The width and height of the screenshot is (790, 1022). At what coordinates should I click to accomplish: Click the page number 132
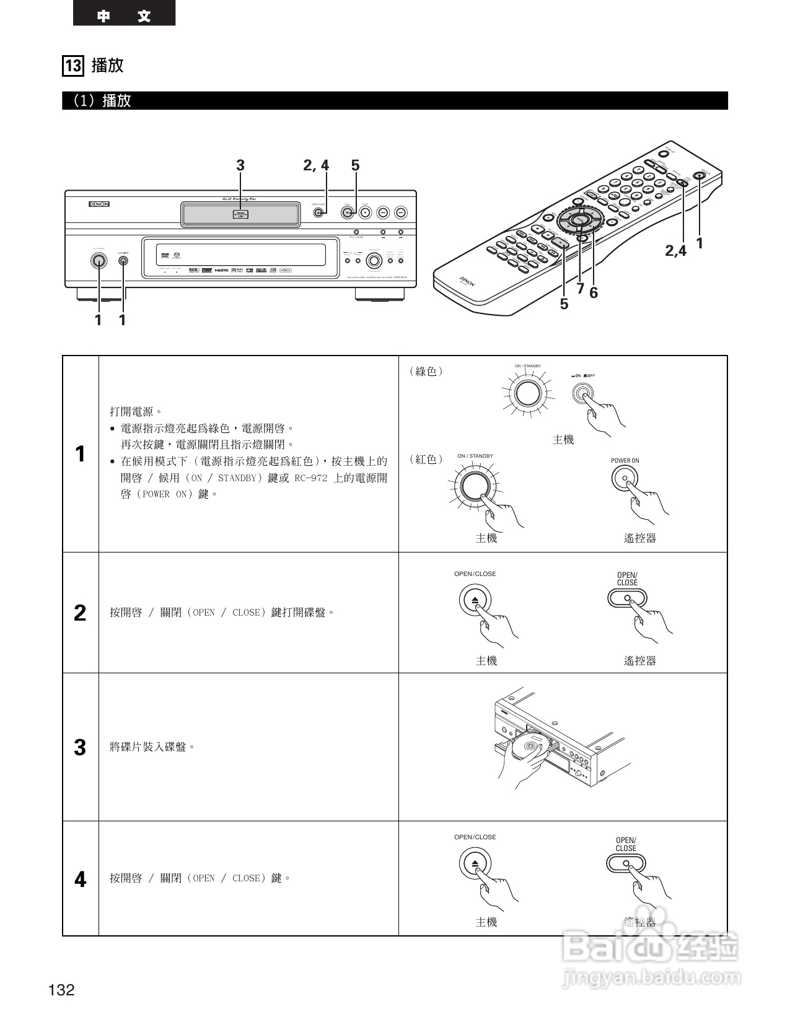[x=61, y=990]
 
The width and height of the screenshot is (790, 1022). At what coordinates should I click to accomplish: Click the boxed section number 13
[x=73, y=66]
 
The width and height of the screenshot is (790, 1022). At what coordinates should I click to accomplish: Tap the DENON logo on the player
[x=99, y=204]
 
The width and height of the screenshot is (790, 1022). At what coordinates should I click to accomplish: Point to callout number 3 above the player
[x=240, y=165]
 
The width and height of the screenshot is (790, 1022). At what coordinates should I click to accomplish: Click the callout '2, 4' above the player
[x=316, y=165]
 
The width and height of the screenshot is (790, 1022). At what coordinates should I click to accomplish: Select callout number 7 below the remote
[x=580, y=288]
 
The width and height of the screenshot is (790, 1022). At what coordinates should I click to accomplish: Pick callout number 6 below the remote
[x=594, y=293]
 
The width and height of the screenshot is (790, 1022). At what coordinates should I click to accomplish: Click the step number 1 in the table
[x=80, y=454]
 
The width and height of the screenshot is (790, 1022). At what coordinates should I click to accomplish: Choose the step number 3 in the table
[x=80, y=748]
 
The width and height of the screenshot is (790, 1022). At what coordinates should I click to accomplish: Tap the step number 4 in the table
[x=80, y=879]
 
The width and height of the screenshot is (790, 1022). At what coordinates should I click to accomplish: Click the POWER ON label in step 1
[x=625, y=460]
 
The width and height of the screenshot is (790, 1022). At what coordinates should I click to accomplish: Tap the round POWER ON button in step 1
[x=625, y=478]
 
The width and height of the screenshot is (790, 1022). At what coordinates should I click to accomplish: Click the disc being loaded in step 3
[x=528, y=745]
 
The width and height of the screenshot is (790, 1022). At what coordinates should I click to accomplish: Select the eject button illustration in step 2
[x=475, y=600]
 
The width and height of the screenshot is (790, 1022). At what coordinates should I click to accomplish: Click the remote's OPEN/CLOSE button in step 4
[x=626, y=863]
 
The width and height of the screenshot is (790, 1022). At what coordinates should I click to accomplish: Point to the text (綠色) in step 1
[x=426, y=372]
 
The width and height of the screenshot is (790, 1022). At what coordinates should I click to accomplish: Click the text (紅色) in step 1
[x=426, y=460]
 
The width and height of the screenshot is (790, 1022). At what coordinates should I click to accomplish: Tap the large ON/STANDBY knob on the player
[x=98, y=261]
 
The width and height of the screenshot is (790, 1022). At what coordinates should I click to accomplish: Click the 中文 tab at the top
[x=124, y=15]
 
